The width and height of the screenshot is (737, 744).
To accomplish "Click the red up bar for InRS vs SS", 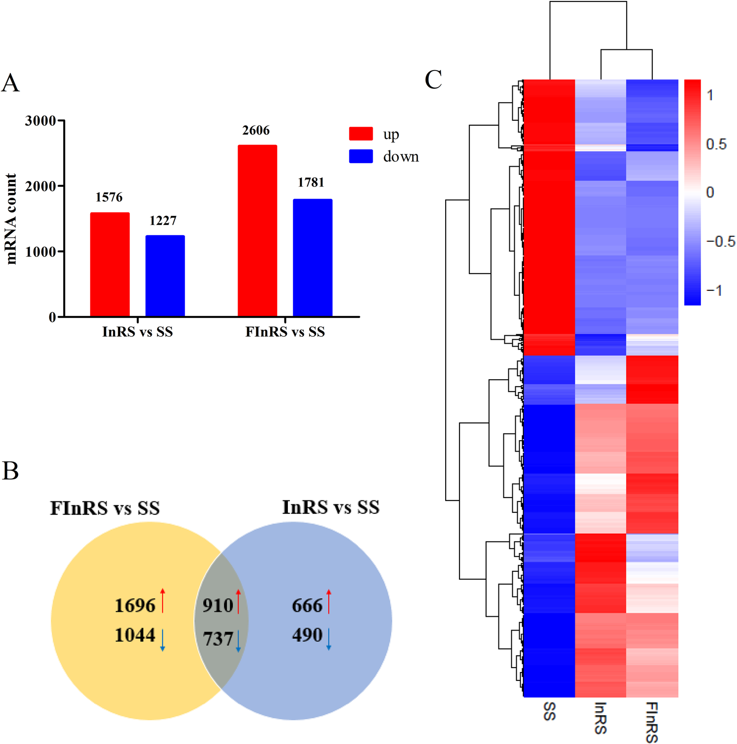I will (109, 264).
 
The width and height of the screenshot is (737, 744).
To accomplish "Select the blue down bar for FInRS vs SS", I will (313, 257).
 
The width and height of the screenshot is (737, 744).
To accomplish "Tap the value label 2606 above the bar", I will (256, 131).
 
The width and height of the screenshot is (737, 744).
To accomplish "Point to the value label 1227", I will (163, 220).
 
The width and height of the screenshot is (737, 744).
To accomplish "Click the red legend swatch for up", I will (361, 134).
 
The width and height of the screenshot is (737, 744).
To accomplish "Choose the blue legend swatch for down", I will (361, 156).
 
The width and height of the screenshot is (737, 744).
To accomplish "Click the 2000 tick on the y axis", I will (40, 186).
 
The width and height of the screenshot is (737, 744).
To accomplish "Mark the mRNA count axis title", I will (11, 219).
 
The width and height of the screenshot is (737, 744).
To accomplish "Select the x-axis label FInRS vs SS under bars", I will (285, 332).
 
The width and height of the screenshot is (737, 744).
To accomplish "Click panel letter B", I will (10, 471).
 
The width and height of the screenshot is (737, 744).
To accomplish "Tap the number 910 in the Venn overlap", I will (218, 605).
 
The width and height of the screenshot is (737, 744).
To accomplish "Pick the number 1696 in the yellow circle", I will (135, 605).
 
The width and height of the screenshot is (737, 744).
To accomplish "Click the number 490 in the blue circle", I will (307, 635).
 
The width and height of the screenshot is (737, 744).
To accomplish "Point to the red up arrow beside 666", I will (329, 601).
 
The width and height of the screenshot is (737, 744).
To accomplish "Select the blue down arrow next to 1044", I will (163, 640).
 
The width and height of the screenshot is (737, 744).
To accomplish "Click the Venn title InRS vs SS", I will (330, 507).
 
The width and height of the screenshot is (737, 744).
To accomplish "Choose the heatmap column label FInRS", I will (651, 721).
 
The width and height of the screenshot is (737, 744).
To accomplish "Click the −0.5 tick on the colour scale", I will (720, 242).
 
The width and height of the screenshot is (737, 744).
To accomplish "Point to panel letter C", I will (433, 80).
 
